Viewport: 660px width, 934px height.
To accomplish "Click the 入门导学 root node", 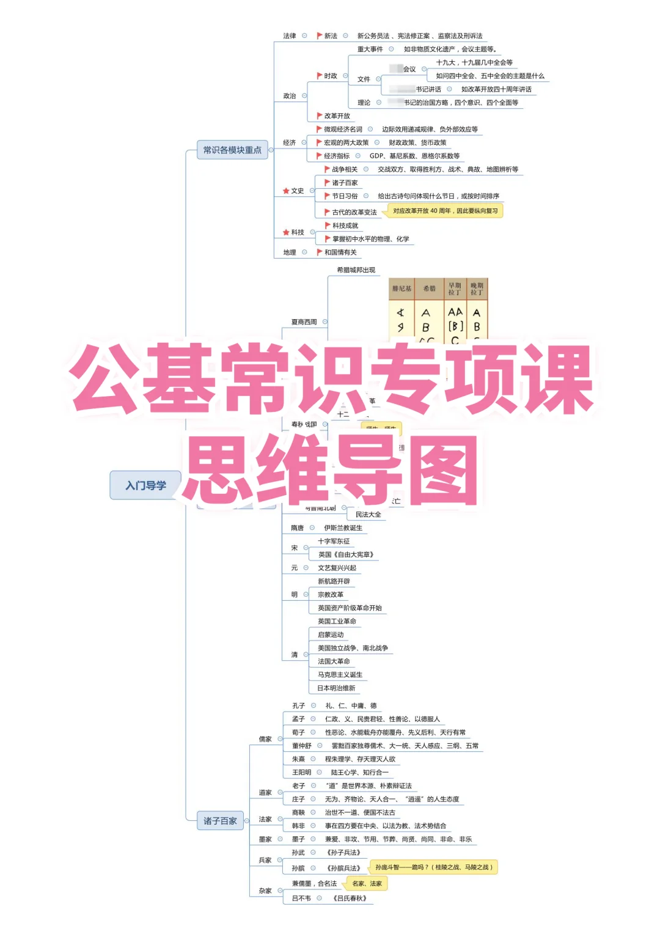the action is coord(145,485).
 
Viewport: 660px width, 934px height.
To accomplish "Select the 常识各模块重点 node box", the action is coord(232,150).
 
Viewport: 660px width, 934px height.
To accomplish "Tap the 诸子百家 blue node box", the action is coord(220,821).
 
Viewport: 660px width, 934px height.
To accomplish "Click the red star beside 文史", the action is coord(286,191).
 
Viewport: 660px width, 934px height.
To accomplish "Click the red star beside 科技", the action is coord(286,232).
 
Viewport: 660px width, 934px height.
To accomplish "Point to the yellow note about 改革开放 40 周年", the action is coord(445,211).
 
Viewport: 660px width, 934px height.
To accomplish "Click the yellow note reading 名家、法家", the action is coord(367,883).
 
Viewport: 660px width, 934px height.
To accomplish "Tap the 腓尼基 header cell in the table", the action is coord(402,289).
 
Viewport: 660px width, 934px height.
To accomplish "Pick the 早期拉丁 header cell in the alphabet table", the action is coord(455,289).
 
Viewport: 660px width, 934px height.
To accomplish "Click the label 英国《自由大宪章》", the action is coord(345,555).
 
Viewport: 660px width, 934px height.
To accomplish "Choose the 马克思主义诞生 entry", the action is coord(340,675).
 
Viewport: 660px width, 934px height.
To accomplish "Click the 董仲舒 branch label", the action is coord(301,746).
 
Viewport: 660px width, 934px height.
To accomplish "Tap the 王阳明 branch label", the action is coord(301,773).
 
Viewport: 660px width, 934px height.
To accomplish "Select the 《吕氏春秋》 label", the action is coord(350,899).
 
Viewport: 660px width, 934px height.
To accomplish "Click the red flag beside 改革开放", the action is coord(319,116).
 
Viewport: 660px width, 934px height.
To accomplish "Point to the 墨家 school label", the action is coord(265,839).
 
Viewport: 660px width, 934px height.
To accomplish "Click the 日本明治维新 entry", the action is coord(336,688).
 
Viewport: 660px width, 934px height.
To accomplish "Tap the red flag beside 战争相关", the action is coord(327,169).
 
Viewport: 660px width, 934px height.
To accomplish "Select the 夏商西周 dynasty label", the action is coord(304,322).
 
